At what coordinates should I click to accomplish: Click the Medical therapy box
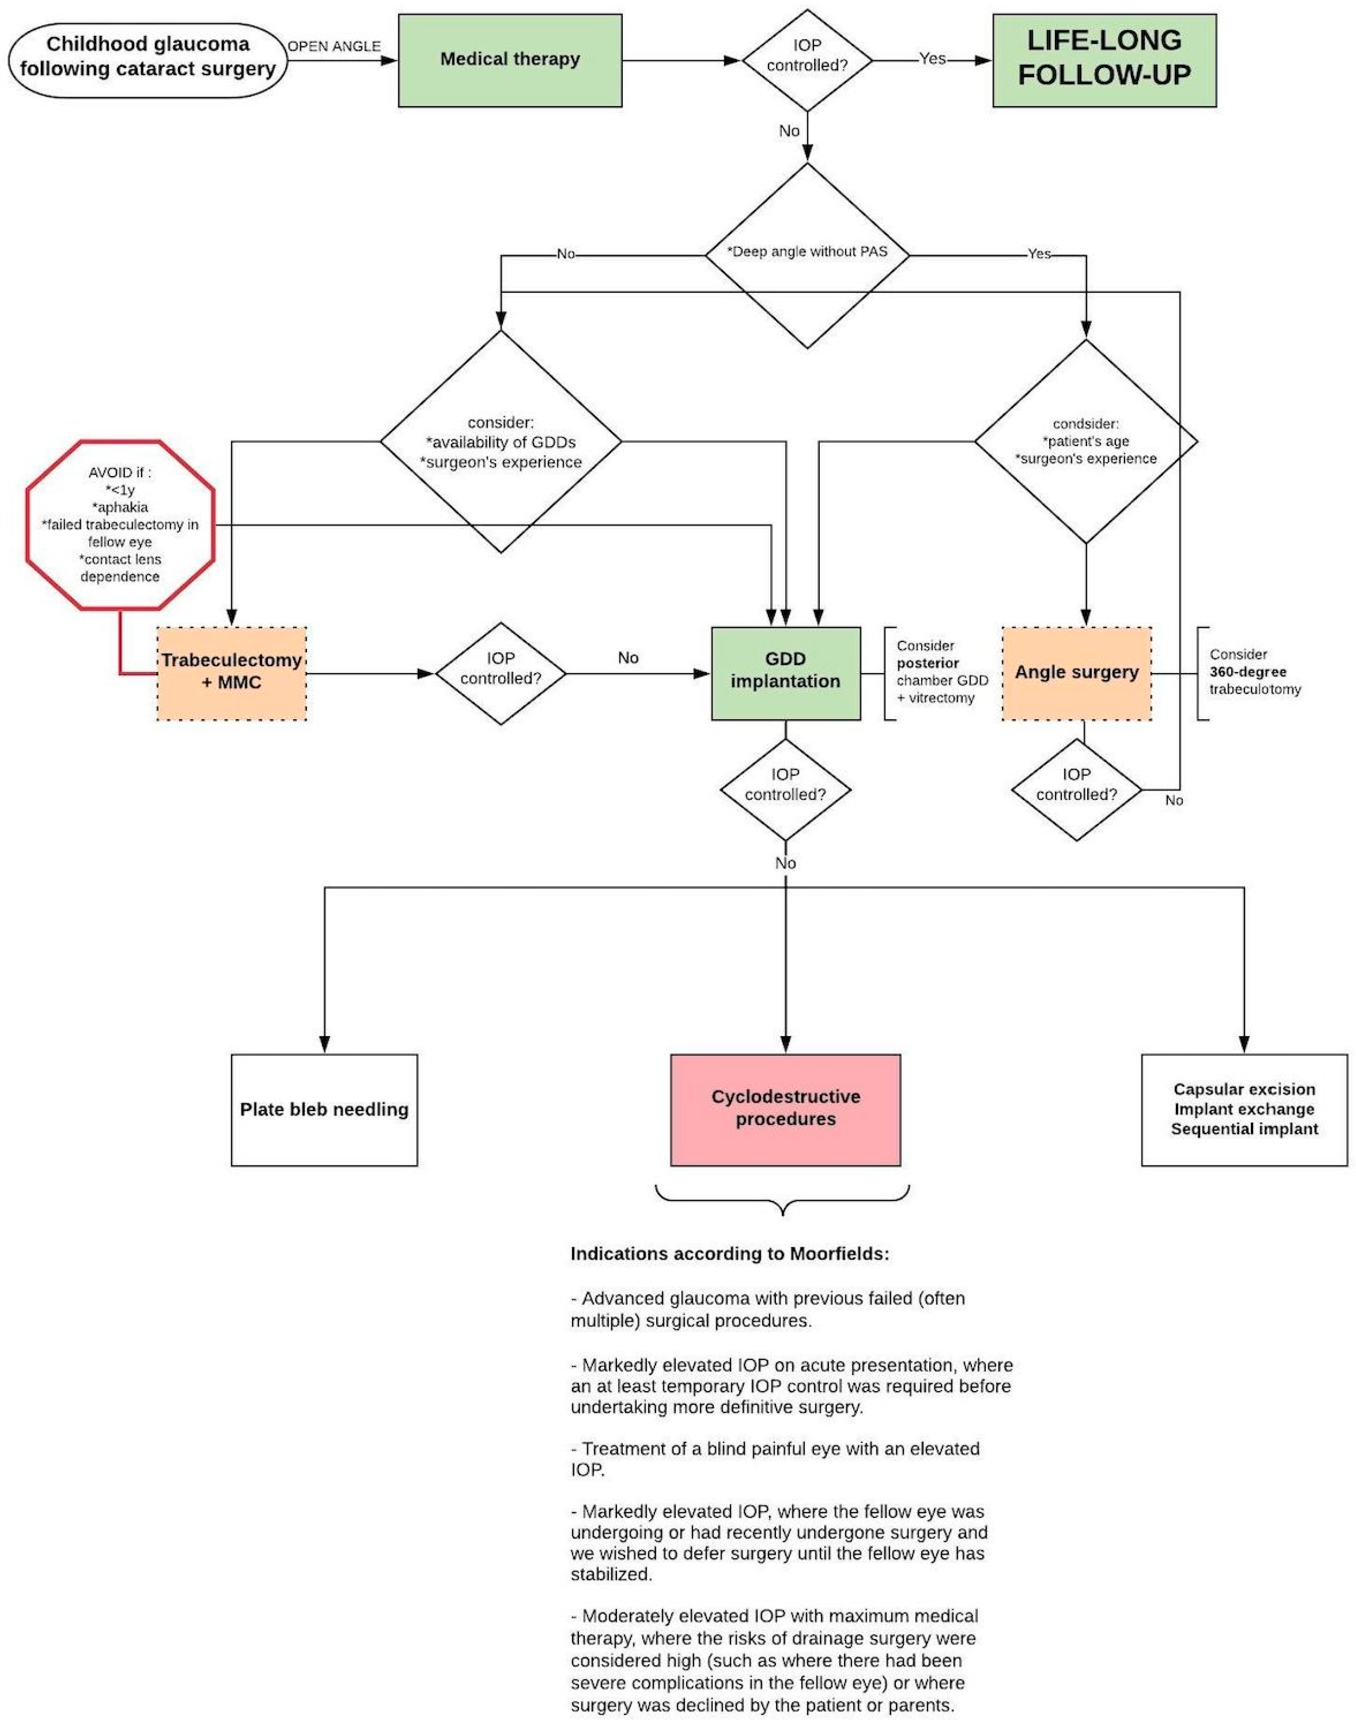[x=510, y=60]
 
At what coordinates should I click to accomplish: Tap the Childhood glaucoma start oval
[x=148, y=57]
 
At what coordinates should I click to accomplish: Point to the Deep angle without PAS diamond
[x=807, y=253]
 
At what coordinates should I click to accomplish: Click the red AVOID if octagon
[x=120, y=525]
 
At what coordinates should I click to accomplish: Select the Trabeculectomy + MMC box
[x=232, y=673]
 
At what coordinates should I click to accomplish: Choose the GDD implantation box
[x=785, y=673]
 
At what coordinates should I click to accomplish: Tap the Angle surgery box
[x=1077, y=673]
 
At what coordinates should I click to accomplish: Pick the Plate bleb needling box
[x=324, y=1110]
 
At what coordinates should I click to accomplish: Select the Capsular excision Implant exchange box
[x=1244, y=1110]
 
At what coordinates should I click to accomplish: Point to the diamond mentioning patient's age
[x=1086, y=442]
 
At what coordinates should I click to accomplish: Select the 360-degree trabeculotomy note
[x=1255, y=673]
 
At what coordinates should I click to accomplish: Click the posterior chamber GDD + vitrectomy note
[x=941, y=673]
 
